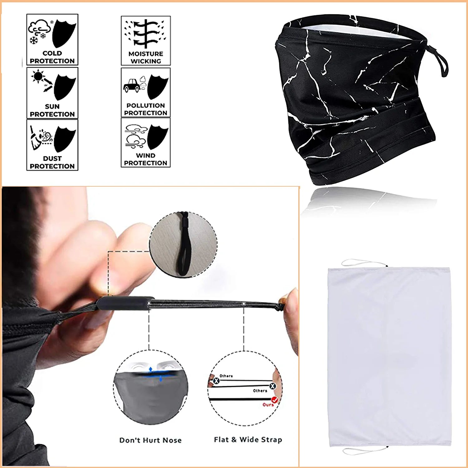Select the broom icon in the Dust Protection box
pos(36,138)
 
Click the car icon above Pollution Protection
pos(132,85)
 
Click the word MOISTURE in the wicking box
pos(146,54)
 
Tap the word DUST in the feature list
pos(52,158)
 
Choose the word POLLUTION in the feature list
pos(146,105)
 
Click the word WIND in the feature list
pos(146,155)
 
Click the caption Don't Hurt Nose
pos(150,440)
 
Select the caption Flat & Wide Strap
pos(248,440)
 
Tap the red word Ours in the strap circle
pos(268,405)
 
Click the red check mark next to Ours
pos(275,400)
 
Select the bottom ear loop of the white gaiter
pos(365,451)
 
